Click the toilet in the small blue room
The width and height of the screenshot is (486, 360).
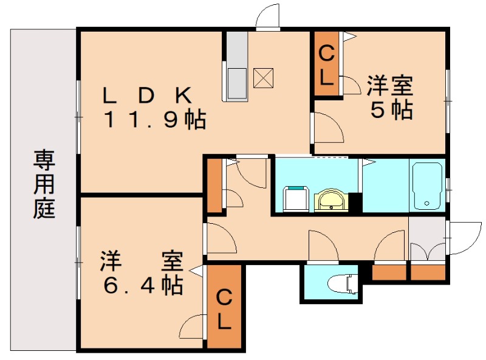click(x=341, y=283)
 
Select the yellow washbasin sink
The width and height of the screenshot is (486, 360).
click(x=330, y=199)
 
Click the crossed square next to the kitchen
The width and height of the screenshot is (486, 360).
click(x=264, y=77)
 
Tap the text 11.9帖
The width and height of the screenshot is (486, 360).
click(x=154, y=120)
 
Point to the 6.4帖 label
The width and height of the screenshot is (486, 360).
click(x=142, y=284)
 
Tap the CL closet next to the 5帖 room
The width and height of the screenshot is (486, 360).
click(x=326, y=65)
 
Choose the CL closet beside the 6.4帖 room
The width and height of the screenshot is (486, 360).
click(x=224, y=309)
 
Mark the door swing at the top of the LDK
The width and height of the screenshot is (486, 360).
click(x=267, y=18)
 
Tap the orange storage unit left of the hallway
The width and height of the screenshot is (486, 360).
click(x=214, y=185)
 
